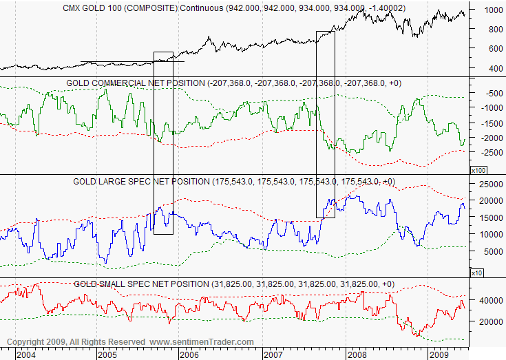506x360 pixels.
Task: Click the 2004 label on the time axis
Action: (x=26, y=354)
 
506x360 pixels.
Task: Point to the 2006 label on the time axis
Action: (x=189, y=354)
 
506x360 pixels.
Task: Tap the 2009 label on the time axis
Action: (x=439, y=354)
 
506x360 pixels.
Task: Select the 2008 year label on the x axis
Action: (x=356, y=354)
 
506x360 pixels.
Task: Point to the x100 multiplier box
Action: (x=478, y=169)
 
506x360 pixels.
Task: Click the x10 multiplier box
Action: (x=476, y=273)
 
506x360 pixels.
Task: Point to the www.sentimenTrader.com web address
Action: (x=202, y=342)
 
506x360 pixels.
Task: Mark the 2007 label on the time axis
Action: (x=273, y=354)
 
